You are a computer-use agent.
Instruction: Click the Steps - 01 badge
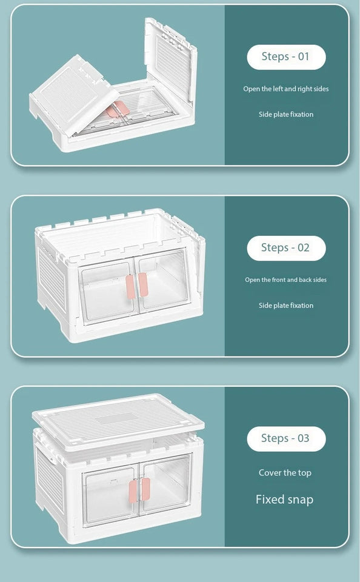point(286,57)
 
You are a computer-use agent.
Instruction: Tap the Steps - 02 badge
point(286,248)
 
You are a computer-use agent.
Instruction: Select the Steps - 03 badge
point(286,439)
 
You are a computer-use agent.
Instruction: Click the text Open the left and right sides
point(286,89)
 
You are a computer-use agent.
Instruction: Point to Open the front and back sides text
point(286,280)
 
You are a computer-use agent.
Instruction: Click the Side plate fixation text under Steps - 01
point(286,115)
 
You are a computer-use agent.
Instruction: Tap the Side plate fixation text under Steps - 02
point(286,306)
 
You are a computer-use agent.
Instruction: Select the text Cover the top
point(285,473)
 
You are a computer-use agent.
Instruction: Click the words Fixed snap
point(285,500)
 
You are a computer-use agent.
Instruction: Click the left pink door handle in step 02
point(130,287)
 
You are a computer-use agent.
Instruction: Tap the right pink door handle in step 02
point(143,285)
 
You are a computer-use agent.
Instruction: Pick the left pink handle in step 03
point(133,492)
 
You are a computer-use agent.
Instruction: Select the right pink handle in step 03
point(145,489)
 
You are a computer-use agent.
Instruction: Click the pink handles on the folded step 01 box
point(118,109)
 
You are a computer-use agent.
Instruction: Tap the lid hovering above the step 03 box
point(118,421)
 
